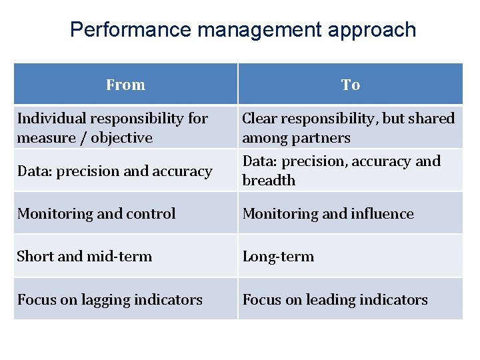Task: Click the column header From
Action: click(x=125, y=85)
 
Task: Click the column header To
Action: click(x=350, y=85)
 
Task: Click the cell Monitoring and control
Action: click(x=97, y=214)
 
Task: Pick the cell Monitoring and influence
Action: click(x=328, y=214)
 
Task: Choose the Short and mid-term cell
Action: click(x=85, y=257)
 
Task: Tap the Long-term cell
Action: click(x=278, y=257)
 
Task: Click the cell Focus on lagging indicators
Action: click(x=110, y=300)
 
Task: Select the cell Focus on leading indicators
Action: click(x=335, y=300)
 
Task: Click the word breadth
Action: click(x=269, y=181)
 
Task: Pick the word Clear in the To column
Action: click(x=258, y=119)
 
